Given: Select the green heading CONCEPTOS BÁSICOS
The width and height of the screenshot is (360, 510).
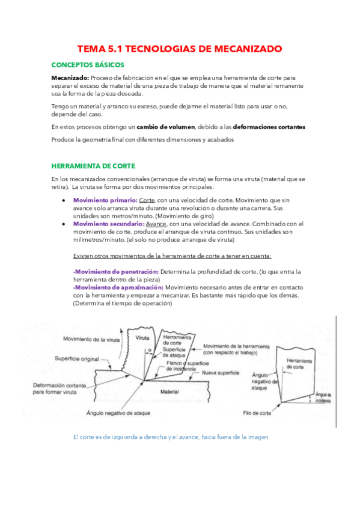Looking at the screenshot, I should (88, 64).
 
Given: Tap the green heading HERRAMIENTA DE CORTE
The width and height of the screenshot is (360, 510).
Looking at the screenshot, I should (93, 165).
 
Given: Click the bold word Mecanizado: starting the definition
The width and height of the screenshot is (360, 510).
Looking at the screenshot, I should (70, 78).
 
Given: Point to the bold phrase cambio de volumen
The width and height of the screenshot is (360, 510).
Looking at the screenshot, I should (166, 127).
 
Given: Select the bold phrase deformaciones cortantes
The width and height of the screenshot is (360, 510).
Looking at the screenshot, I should (270, 127).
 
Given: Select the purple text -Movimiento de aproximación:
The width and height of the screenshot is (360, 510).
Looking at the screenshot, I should (118, 287).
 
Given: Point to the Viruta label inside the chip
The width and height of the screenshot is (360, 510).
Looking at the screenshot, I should (143, 337).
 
